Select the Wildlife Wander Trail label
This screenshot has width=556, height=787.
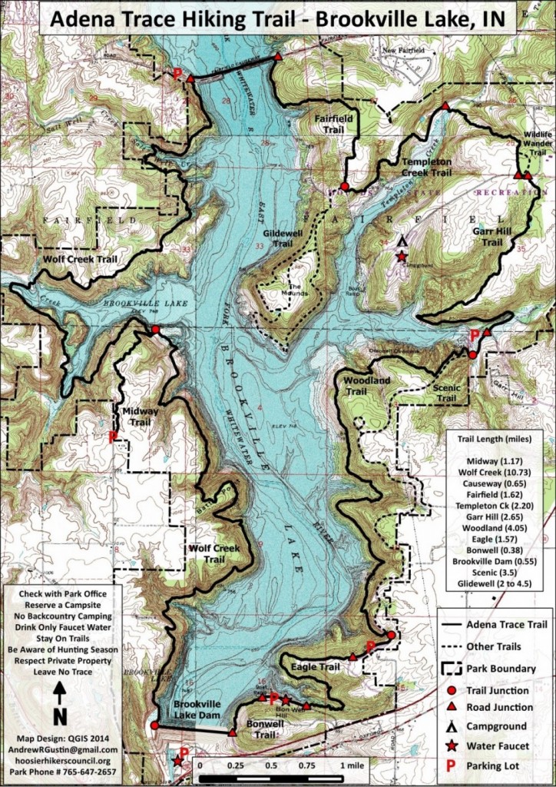pyautogui.click(x=537, y=143)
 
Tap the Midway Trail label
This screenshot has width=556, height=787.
pyautogui.click(x=141, y=417)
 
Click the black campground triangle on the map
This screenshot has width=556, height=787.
pyautogui.click(x=401, y=241)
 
